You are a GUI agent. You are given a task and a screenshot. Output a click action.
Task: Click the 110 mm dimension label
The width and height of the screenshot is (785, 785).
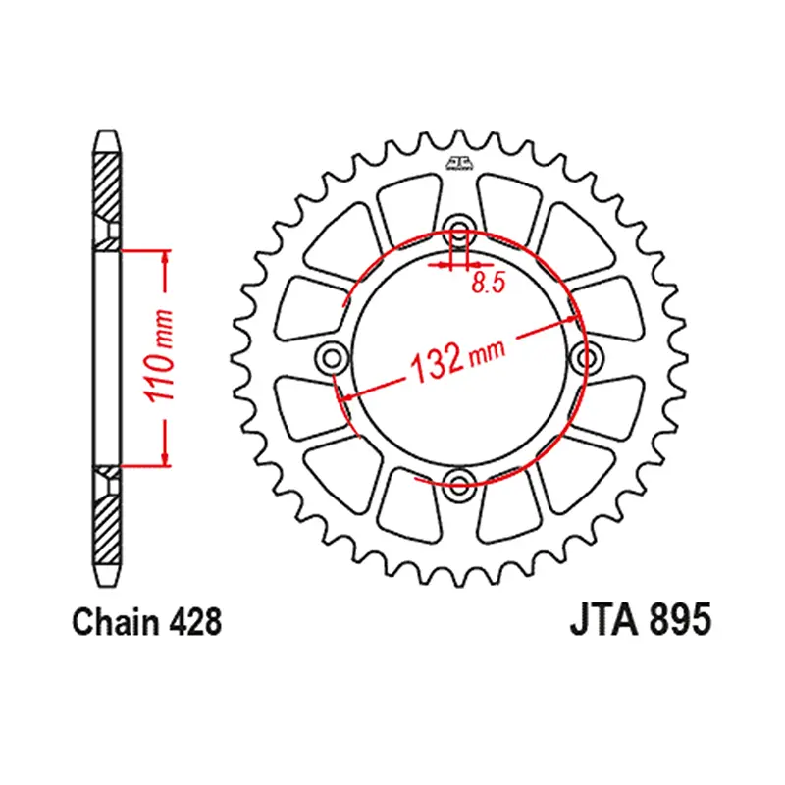pos(159,356)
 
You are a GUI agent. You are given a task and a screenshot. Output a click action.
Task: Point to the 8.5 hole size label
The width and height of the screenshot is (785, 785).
pos(488,283)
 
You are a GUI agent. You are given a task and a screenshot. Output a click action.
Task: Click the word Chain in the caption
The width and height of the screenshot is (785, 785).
pos(115,622)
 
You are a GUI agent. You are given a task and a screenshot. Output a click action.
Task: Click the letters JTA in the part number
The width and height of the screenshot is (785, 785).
pos(603,619)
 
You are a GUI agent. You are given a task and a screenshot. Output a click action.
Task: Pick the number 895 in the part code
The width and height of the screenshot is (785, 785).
pos(679,619)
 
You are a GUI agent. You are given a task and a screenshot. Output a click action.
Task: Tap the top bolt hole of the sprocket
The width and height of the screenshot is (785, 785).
pos(459,231)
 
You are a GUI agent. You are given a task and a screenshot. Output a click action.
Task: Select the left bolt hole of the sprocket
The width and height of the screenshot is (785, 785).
pos(333,358)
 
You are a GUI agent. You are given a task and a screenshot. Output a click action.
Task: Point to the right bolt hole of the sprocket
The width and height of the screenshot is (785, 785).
pos(586,358)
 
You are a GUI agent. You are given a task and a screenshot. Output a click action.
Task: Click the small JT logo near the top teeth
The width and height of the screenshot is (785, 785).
pos(459,163)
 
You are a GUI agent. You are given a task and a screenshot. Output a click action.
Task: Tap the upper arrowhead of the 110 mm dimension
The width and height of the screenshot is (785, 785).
pos(165,256)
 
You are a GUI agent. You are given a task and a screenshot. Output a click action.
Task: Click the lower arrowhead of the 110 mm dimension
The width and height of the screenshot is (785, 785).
pos(165,459)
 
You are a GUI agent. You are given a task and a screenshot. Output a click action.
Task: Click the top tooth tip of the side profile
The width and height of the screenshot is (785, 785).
pos(107,131)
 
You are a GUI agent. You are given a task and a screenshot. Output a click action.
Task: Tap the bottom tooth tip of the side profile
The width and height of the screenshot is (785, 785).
pos(107,585)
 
